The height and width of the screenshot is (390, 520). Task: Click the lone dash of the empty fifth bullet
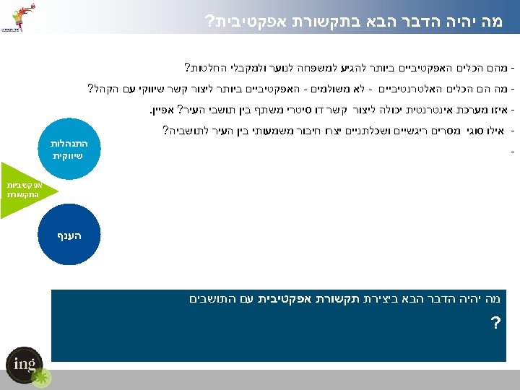511,152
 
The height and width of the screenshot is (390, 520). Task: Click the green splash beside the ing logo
42,377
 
